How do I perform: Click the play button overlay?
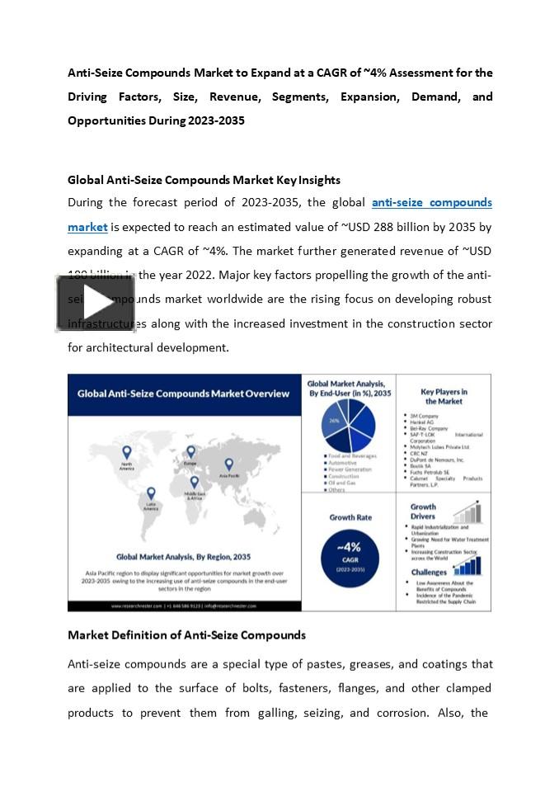95,303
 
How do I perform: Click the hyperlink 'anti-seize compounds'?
431,202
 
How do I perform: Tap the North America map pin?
127,452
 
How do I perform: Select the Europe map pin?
190,452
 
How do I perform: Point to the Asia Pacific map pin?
228,464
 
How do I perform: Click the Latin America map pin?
152,493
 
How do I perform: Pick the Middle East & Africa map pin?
195,482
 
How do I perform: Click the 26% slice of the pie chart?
335,421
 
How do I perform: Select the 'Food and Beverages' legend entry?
352,455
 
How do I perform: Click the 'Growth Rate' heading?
350,517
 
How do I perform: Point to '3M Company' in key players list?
424,416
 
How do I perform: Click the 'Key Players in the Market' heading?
444,396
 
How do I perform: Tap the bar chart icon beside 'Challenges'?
467,566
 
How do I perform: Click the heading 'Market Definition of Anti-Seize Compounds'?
186,635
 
